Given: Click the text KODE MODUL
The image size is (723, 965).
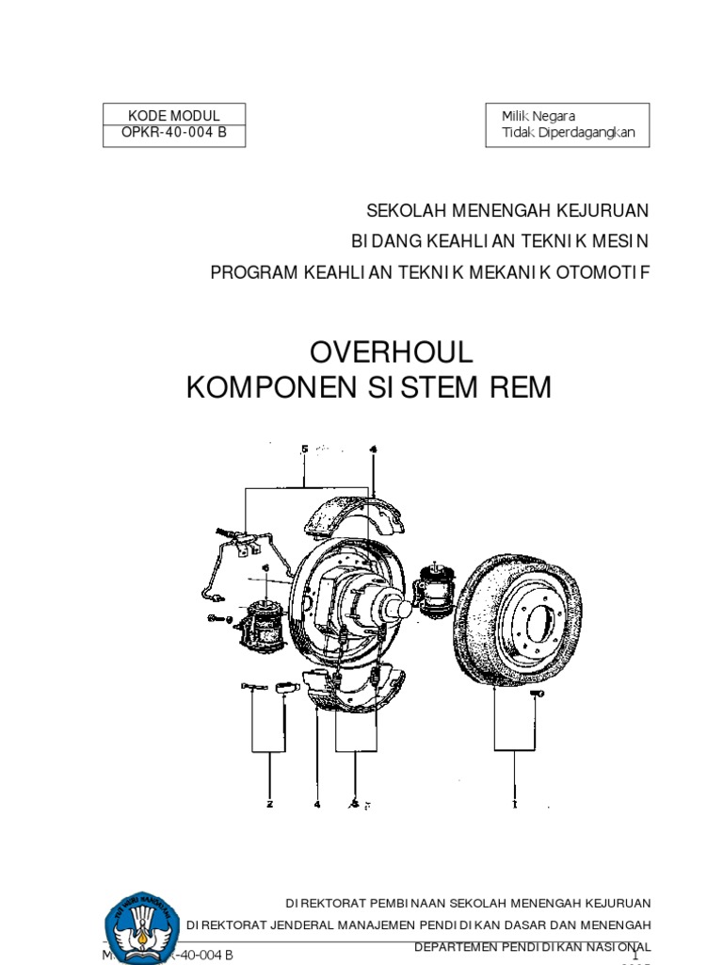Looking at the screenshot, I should point(173,115).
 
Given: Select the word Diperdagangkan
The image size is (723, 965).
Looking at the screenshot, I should point(586,133).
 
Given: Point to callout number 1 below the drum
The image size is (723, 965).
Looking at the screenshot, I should point(514,805).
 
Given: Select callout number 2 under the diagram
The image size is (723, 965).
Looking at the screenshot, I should point(269,805).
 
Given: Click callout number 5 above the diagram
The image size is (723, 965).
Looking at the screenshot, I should point(304,450).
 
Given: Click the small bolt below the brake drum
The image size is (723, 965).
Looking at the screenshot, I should point(538,694).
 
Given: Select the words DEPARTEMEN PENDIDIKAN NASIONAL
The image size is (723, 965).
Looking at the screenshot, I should point(532,945).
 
